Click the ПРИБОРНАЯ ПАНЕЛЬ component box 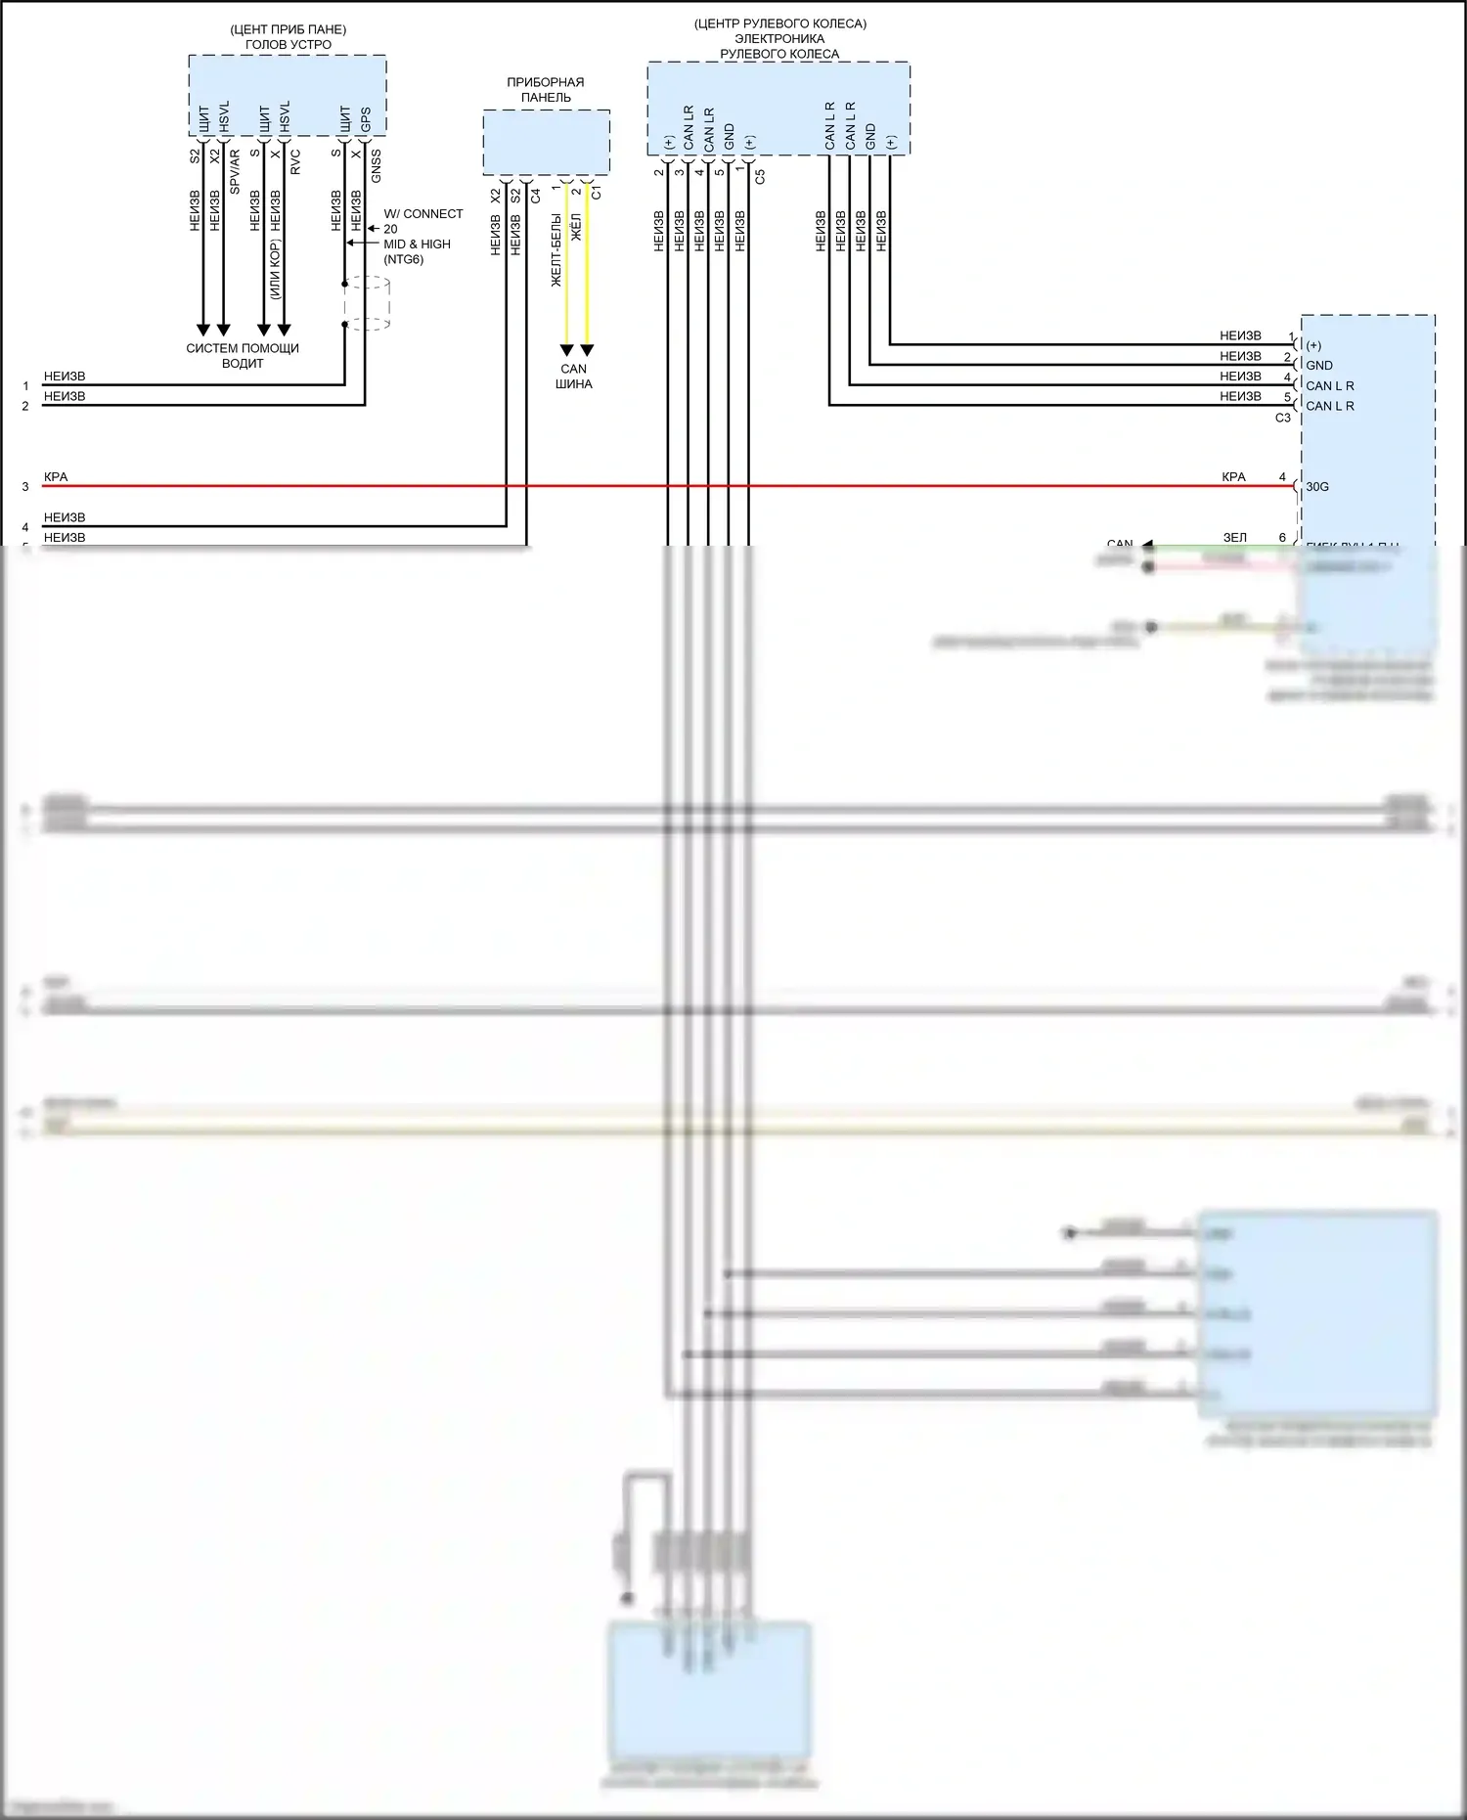[546, 143]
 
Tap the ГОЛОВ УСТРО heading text [288, 45]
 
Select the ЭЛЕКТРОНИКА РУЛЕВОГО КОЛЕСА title [778, 46]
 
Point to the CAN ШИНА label [574, 377]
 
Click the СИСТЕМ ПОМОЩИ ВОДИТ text [243, 355]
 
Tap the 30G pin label [1317, 487]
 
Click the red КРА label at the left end [56, 477]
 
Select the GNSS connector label [377, 165]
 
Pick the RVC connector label [295, 162]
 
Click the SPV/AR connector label [235, 171]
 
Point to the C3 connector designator [1282, 419]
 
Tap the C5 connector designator [760, 177]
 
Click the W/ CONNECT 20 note [422, 221]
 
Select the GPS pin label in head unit [365, 120]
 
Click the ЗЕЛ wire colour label [1234, 538]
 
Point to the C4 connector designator [535, 196]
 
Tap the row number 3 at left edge [25, 486]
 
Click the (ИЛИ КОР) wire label [276, 269]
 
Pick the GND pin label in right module [1318, 366]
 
